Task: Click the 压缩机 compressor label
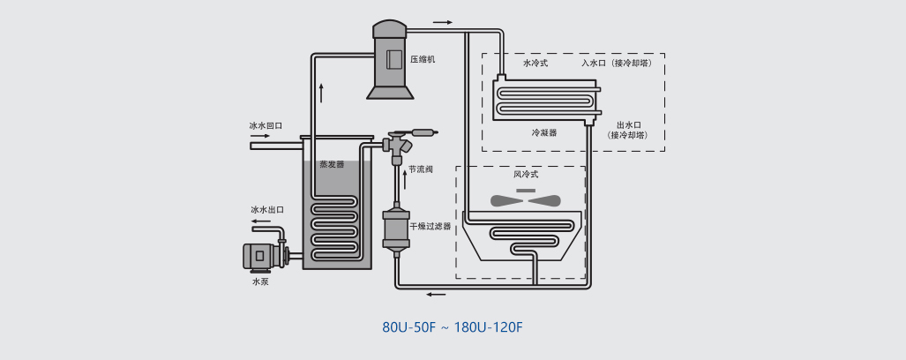pyautogui.click(x=423, y=60)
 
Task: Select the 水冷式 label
pyautogui.click(x=535, y=64)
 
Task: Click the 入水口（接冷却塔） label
pyautogui.click(x=616, y=64)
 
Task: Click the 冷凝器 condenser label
pyautogui.click(x=543, y=132)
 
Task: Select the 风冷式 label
pyautogui.click(x=526, y=175)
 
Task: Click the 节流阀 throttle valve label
pyautogui.click(x=421, y=169)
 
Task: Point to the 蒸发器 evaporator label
pyautogui.click(x=332, y=164)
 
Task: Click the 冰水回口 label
pyautogui.click(x=266, y=126)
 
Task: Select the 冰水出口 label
pyautogui.click(x=267, y=210)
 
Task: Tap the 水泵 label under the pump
pyautogui.click(x=259, y=281)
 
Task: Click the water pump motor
pyautogui.click(x=259, y=255)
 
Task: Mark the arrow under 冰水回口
pyautogui.click(x=261, y=136)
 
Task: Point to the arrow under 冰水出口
pyautogui.click(x=261, y=221)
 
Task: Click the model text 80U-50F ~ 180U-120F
pyautogui.click(x=453, y=327)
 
